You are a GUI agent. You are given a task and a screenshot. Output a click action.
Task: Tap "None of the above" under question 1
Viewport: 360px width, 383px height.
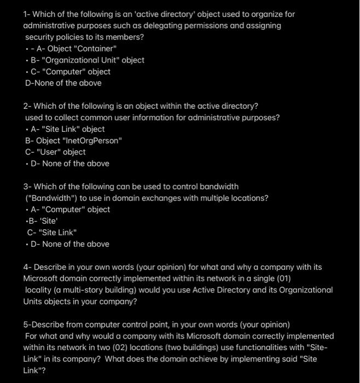point(63,83)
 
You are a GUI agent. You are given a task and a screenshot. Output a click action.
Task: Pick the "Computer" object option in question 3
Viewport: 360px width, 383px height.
point(70,210)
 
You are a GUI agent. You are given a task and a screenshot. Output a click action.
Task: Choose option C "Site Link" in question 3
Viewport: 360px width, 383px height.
point(52,233)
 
